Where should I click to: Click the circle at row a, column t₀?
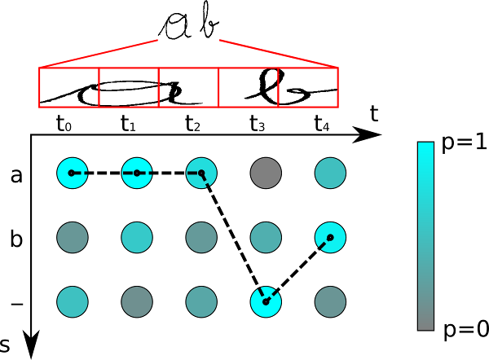coord(72,173)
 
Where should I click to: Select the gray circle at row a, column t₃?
coord(266,173)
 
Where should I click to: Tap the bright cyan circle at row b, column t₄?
coord(330,237)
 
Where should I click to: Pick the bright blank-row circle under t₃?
coord(266,301)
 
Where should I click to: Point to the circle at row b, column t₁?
coord(136,237)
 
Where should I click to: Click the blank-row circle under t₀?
coord(72,301)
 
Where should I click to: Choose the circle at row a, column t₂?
coord(201,173)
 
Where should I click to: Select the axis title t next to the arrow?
coord(374,114)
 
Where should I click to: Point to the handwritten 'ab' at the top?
coord(190,27)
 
